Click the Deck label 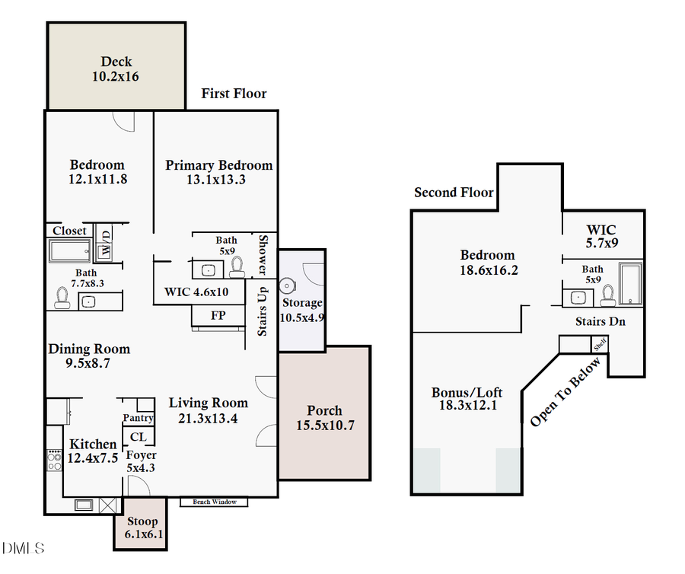(116, 62)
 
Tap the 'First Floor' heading (234, 94)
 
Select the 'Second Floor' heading (454, 193)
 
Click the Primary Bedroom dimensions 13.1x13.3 (219, 180)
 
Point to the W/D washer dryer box (106, 241)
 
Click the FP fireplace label (218, 314)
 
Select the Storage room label (303, 303)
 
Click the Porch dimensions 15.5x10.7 (325, 426)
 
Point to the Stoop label (142, 521)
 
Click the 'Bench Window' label (214, 502)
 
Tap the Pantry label (139, 418)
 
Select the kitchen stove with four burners (55, 461)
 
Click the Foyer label (141, 455)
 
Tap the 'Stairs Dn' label (600, 322)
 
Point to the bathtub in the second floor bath (630, 284)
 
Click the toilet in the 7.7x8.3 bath (62, 298)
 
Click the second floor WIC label (601, 229)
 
